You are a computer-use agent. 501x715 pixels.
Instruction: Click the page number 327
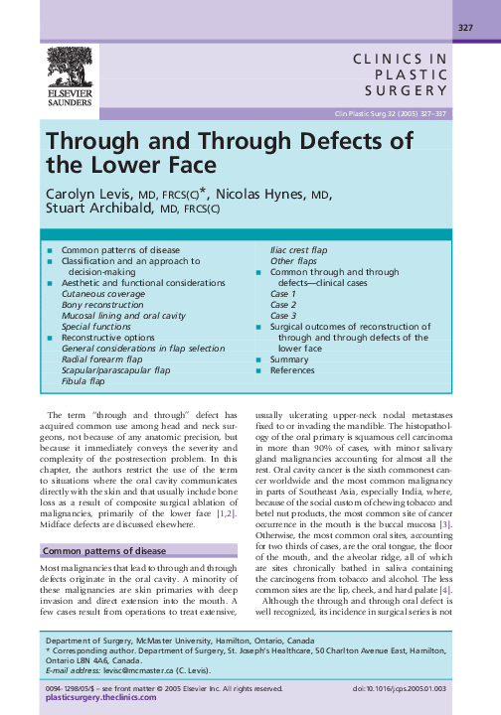click(464, 27)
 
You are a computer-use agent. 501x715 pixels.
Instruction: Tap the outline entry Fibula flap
click(83, 380)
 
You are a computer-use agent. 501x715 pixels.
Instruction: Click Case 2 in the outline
click(283, 305)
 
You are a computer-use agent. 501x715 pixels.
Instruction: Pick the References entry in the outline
click(293, 370)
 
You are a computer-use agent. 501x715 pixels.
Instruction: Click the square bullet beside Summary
click(259, 359)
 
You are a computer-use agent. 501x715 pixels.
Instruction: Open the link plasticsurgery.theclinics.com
click(100, 697)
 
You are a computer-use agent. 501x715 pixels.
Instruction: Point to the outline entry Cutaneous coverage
click(102, 295)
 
